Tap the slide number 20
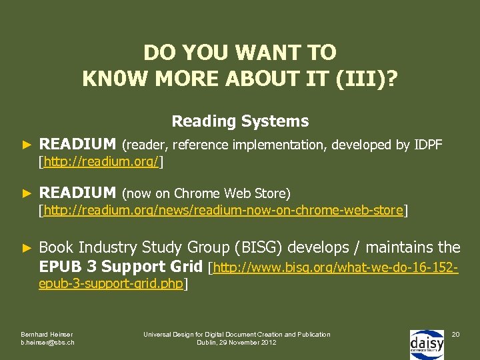point(455,333)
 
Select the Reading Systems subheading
point(240,121)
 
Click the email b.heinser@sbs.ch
point(47,343)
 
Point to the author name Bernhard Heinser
point(47,334)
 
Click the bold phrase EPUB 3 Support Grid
point(121,267)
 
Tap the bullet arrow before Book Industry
point(27,248)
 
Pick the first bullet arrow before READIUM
point(27,145)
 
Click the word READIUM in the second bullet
point(77,193)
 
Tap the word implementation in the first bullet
point(293,145)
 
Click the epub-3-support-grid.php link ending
point(111,285)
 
